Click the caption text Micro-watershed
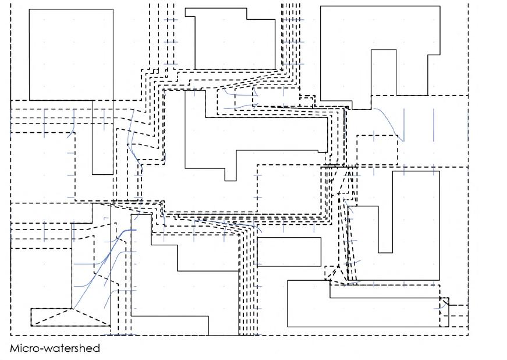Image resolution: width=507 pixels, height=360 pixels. [x=55, y=348]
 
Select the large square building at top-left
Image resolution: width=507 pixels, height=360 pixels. [x=71, y=54]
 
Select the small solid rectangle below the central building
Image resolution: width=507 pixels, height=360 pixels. [x=289, y=252]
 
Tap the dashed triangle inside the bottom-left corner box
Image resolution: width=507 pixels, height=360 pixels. [x=70, y=318]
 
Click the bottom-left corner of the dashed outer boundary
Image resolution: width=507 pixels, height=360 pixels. [x=11, y=335]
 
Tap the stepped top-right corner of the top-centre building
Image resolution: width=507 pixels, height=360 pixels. [x=260, y=14]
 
